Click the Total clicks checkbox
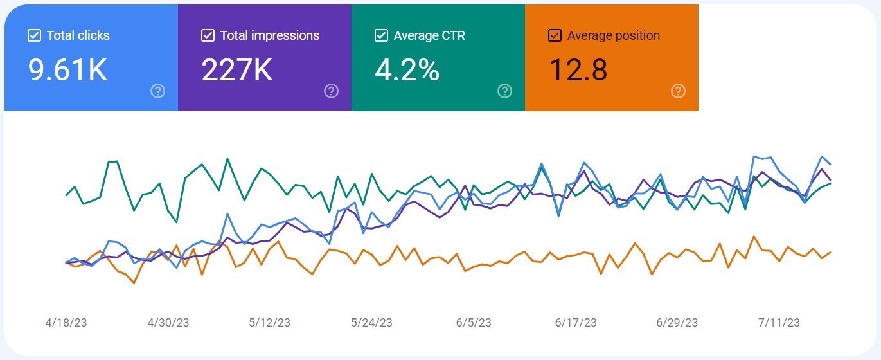(34, 35)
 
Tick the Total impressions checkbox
(208, 35)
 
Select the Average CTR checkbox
(381, 35)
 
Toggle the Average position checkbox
(555, 35)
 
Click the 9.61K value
(67, 69)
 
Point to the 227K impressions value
(237, 69)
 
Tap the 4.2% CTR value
(407, 69)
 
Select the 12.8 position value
(578, 69)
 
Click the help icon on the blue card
(157, 91)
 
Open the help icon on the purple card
(331, 91)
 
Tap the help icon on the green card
(504, 91)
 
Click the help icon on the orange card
(678, 91)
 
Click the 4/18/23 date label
(66, 323)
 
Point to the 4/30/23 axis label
(168, 323)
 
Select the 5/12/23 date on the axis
(270, 323)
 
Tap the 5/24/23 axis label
(372, 323)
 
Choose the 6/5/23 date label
(474, 323)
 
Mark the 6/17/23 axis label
(576, 323)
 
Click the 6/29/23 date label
(677, 323)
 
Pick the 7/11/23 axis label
(779, 323)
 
